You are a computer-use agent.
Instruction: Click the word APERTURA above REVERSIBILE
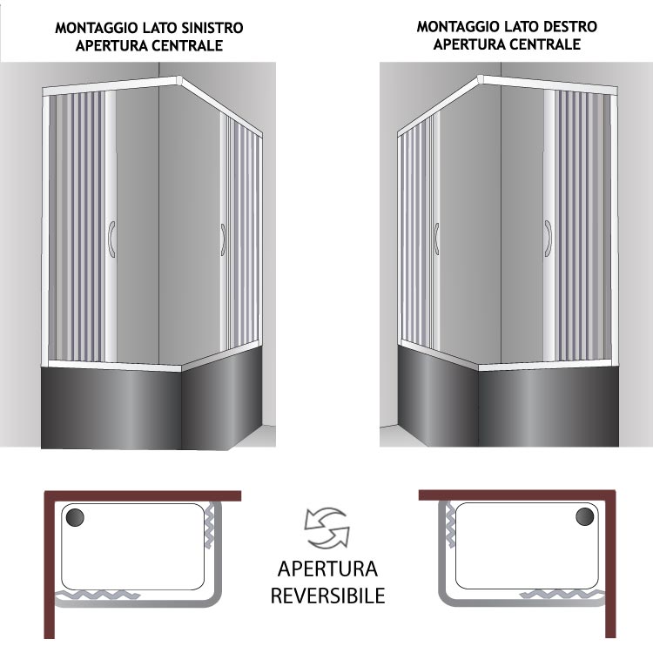pyautogui.click(x=327, y=569)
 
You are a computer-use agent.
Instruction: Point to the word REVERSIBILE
pyautogui.click(x=327, y=596)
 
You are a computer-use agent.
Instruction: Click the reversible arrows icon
pyautogui.click(x=326, y=528)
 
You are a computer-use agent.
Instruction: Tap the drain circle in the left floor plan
pyautogui.click(x=75, y=517)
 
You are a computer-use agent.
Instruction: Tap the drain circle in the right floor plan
pyautogui.click(x=585, y=517)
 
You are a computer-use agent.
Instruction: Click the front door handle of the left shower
pyautogui.click(x=111, y=239)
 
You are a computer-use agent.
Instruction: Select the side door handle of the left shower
pyautogui.click(x=223, y=240)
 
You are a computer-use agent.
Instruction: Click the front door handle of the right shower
pyautogui.click(x=548, y=239)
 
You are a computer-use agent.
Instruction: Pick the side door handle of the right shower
pyautogui.click(x=436, y=239)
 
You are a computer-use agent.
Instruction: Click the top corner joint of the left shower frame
pyautogui.click(x=179, y=80)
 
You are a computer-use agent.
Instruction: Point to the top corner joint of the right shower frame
pyautogui.click(x=480, y=79)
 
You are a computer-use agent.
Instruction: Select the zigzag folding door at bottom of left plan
pyautogui.click(x=98, y=595)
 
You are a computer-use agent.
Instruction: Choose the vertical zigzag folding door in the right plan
pyautogui.click(x=450, y=525)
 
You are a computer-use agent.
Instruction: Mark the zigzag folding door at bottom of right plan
pyautogui.click(x=562, y=594)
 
